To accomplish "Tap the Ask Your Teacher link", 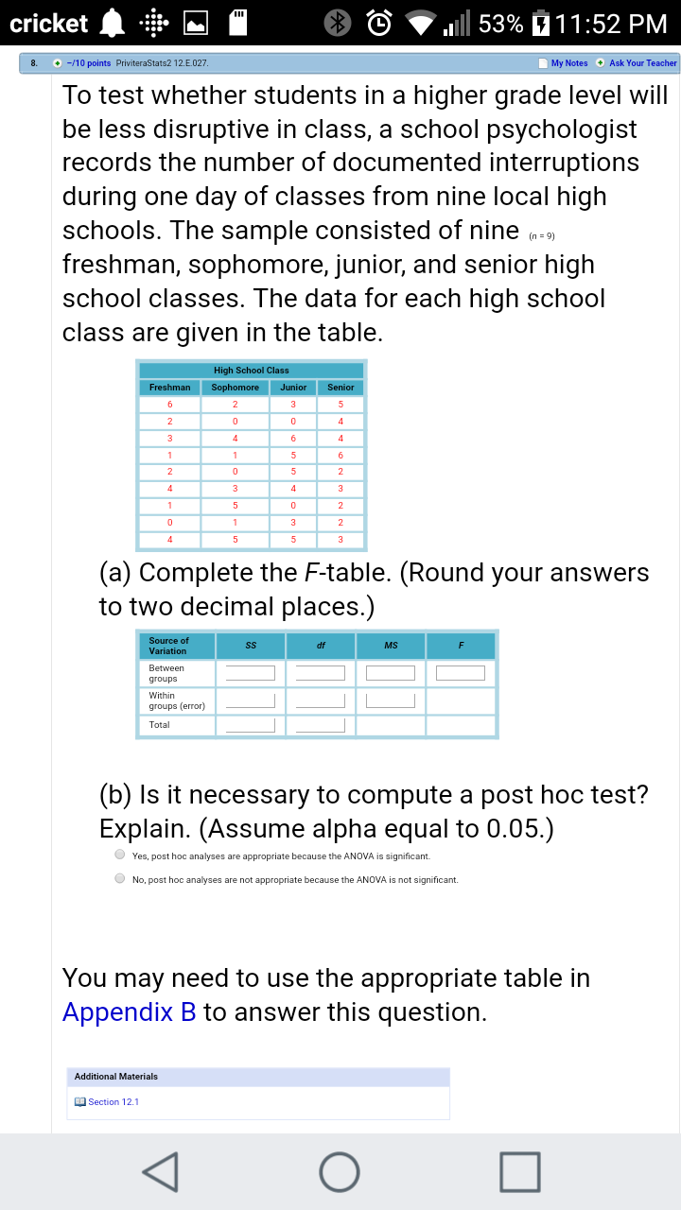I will (643, 63).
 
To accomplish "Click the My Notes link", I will (568, 63).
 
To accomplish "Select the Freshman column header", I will (169, 388).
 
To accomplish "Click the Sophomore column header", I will (235, 388).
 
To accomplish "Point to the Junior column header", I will (293, 388).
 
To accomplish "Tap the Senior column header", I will (340, 388).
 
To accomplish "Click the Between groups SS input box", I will (250, 673).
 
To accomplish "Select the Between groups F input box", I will (461, 673).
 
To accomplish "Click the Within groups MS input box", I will (391, 700).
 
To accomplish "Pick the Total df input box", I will (320, 725).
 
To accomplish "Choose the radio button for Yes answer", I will (120, 855).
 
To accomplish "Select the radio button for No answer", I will (120, 878).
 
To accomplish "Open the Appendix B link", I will (129, 1011).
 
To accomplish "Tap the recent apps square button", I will (521, 1172).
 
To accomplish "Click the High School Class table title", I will (252, 370).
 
